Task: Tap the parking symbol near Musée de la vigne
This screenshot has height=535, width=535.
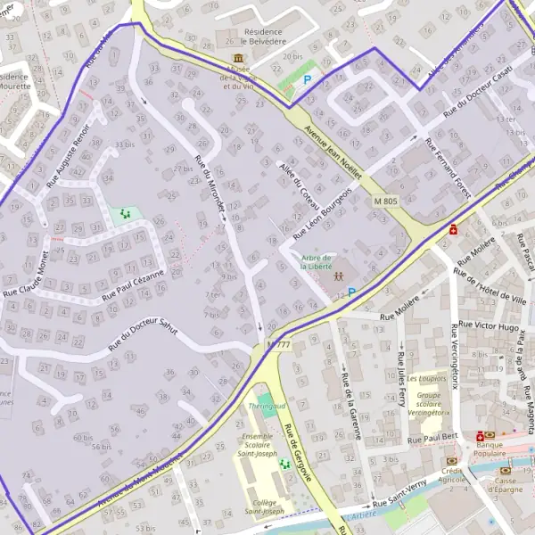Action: [308, 79]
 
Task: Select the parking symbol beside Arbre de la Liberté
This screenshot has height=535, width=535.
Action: [351, 292]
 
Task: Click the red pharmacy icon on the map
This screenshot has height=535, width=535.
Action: [454, 229]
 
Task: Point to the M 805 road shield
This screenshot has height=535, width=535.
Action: [385, 202]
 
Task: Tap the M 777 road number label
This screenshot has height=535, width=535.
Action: [277, 344]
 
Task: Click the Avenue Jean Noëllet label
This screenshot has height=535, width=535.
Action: [334, 149]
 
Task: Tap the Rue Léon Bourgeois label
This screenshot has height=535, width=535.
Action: [323, 211]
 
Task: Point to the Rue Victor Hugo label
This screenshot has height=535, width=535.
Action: [485, 326]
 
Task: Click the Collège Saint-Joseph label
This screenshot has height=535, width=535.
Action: [265, 506]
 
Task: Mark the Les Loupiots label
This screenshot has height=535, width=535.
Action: [425, 378]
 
